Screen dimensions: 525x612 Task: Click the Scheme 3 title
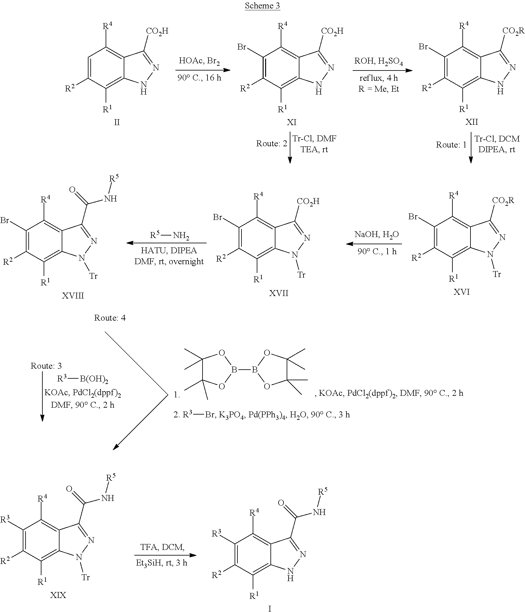coord(262,6)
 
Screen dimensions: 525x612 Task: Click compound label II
coord(117,122)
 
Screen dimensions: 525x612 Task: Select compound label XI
coord(291,122)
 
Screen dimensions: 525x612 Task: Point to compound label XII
coord(471,122)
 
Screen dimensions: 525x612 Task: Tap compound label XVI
coord(462,292)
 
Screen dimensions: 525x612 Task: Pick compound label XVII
coord(279,293)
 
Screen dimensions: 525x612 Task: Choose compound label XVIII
coord(73,295)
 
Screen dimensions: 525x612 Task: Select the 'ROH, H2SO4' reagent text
coord(379,61)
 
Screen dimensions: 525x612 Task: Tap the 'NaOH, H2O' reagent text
coord(377,235)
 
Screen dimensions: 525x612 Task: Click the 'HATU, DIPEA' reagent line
coord(169,250)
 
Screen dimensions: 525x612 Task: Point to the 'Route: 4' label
coord(110,318)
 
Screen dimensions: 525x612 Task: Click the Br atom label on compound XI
coord(242,47)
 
